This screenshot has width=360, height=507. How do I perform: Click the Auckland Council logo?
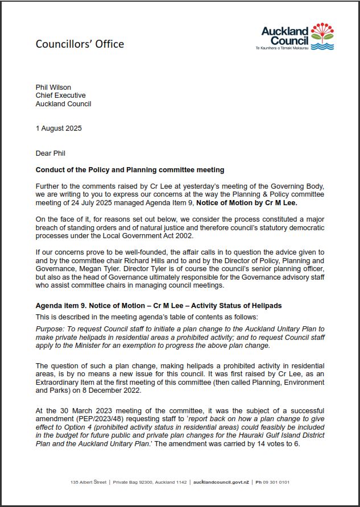pyautogui.click(x=297, y=36)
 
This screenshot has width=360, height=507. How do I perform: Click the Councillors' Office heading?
pyautogui.click(x=80, y=44)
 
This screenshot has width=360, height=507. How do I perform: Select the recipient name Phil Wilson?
pyautogui.click(x=53, y=88)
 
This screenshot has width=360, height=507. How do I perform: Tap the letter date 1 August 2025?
pyautogui.click(x=59, y=128)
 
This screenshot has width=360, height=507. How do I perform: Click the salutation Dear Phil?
pyautogui.click(x=52, y=153)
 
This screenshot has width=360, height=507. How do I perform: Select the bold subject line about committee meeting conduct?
pyautogui.click(x=130, y=170)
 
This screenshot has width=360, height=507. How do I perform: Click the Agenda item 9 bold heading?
pyautogui.click(x=159, y=306)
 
